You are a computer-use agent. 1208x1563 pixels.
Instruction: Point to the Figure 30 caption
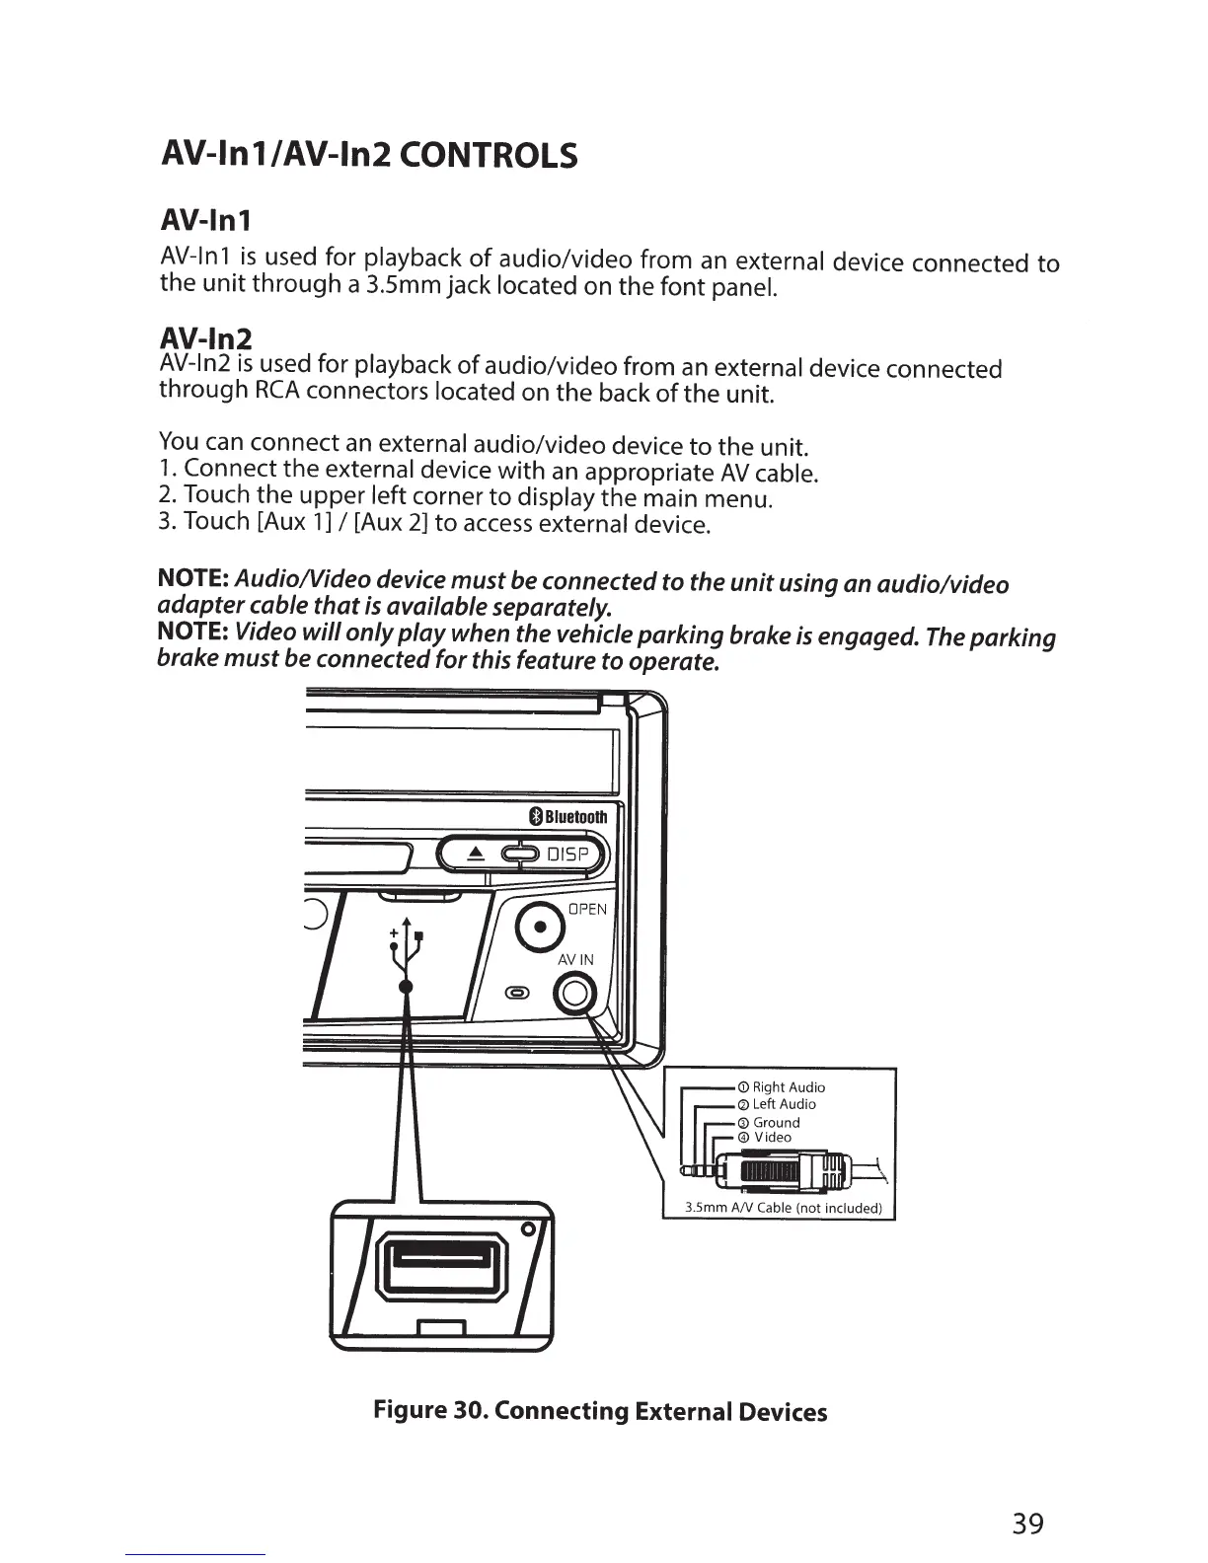599,1410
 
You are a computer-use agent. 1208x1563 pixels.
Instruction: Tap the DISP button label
568,855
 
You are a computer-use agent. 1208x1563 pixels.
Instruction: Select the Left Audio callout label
784,1103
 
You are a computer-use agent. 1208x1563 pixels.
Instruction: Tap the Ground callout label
776,1122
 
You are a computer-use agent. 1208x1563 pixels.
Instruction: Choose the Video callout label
772,1137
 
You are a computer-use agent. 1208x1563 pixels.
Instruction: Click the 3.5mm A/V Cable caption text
783,1208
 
